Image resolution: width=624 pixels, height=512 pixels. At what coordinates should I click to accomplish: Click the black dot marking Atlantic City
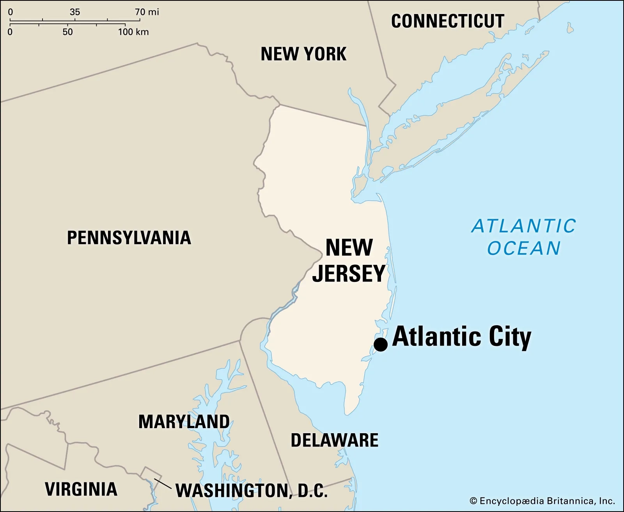tap(381, 344)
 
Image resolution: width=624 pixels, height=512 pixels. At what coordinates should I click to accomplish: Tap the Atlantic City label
tap(462, 337)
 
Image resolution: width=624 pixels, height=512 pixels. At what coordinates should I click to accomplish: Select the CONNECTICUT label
tap(447, 21)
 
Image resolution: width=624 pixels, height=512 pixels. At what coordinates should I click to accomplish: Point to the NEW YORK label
tap(303, 54)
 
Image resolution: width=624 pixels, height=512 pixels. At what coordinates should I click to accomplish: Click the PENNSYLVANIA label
tap(129, 237)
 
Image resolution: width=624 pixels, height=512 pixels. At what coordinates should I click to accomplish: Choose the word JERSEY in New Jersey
tap(349, 273)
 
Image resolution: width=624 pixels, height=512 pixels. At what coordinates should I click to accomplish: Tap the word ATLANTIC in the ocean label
tap(523, 226)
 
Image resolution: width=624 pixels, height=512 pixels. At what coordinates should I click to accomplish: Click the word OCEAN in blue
tap(524, 248)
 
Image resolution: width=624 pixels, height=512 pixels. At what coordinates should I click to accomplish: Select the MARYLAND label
tap(184, 422)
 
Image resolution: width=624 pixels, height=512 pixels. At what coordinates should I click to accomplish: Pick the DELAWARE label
tap(335, 440)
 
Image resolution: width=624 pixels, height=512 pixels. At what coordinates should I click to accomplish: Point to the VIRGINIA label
tap(81, 489)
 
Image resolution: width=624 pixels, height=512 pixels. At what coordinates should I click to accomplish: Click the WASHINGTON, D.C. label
tap(252, 491)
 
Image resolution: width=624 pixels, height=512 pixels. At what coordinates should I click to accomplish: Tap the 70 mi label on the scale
tap(147, 12)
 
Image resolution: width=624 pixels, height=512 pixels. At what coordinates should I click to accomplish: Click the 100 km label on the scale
tap(133, 32)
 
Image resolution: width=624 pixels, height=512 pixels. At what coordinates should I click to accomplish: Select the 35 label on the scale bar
tap(75, 12)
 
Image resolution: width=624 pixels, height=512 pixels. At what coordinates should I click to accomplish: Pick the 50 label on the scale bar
tap(67, 32)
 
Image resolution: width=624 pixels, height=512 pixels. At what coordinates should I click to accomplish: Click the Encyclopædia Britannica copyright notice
tap(542, 501)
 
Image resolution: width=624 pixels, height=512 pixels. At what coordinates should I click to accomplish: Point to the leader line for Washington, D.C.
tap(163, 484)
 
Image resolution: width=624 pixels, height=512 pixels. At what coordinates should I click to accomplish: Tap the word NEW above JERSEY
tap(349, 248)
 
